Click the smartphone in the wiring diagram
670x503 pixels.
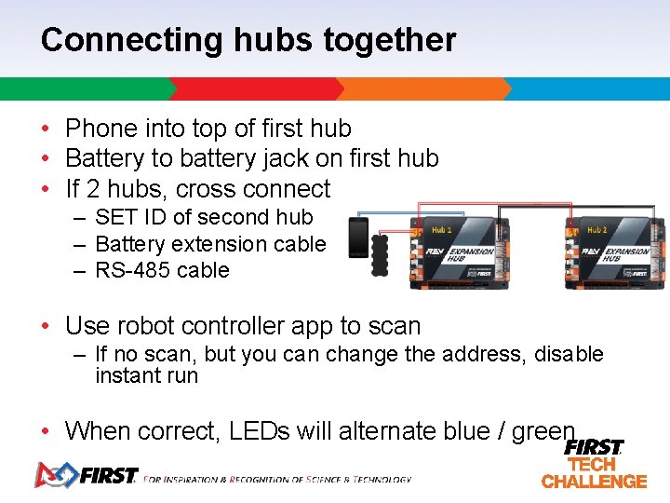[x=357, y=238]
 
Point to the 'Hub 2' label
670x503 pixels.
[x=597, y=229]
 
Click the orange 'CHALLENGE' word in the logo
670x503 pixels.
[x=594, y=482]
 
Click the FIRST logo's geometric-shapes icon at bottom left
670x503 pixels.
[x=54, y=475]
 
